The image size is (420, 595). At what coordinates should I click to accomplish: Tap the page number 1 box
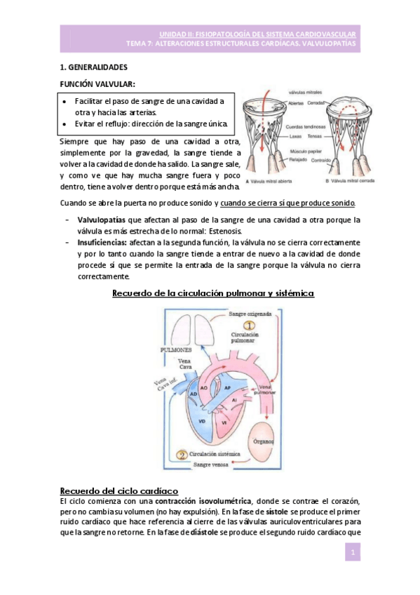pos(355,554)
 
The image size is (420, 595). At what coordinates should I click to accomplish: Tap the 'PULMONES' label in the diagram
pos(179,349)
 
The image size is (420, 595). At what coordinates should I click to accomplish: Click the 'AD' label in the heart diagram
pos(193,395)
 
